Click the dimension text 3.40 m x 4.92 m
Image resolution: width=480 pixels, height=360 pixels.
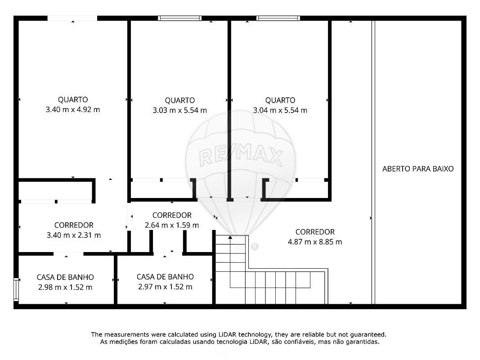click(x=73, y=110)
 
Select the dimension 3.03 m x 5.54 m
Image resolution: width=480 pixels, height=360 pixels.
click(x=179, y=110)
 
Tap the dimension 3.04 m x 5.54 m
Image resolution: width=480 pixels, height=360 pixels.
click(x=280, y=110)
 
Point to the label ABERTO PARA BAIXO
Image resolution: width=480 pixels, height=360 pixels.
click(x=418, y=169)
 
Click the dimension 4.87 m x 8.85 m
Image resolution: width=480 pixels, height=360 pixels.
click(x=315, y=242)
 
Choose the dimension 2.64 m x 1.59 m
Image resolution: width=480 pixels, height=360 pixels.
click(x=172, y=225)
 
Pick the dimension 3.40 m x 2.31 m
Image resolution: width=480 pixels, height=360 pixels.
click(x=73, y=235)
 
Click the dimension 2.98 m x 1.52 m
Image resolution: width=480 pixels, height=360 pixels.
click(x=65, y=287)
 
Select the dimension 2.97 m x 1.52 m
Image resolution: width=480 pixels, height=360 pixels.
click(x=165, y=287)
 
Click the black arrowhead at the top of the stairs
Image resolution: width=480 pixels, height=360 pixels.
click(x=230, y=237)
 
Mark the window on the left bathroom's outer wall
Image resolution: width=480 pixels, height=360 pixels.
click(x=16, y=289)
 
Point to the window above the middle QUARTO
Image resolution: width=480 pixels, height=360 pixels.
click(x=179, y=18)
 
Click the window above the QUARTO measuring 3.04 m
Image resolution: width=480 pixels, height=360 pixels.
click(x=278, y=18)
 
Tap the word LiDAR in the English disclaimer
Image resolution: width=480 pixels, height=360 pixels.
click(x=227, y=335)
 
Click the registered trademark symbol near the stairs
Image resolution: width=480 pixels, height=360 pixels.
click(x=254, y=247)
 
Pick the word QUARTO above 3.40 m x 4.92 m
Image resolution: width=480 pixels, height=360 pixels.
click(x=73, y=100)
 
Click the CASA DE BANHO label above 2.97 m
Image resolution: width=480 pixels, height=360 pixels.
click(x=165, y=277)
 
